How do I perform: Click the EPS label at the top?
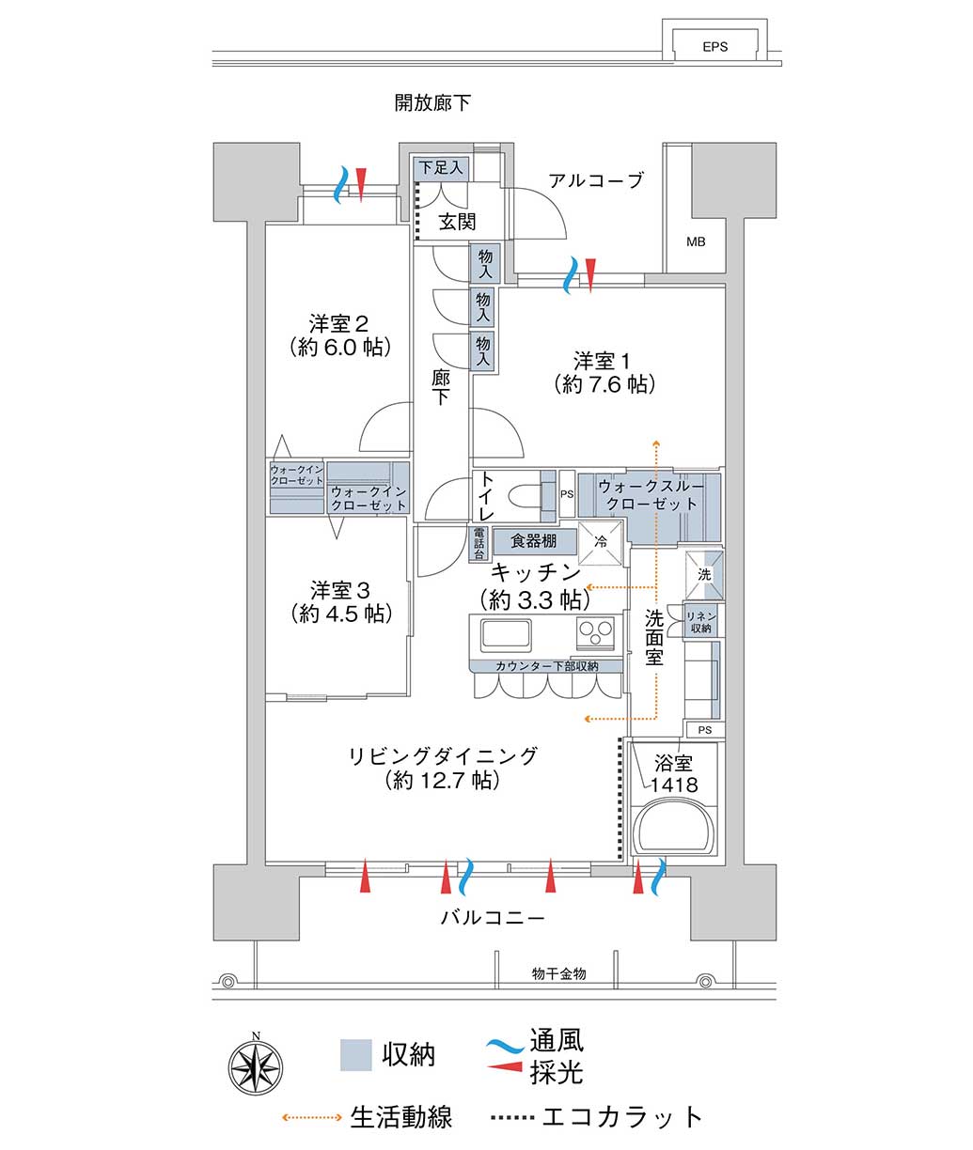coord(714,47)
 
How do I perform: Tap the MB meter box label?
coord(696,241)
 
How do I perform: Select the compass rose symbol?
coord(256,1067)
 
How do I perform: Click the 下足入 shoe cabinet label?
coord(441,167)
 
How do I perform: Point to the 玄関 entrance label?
coord(457,222)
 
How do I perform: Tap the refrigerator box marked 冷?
coord(601,542)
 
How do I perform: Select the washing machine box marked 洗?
coord(704,575)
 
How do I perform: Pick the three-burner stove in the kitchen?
coord(595,632)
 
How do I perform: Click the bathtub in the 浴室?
coord(674,829)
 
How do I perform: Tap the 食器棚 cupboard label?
coord(533,540)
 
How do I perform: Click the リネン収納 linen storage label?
coord(700,622)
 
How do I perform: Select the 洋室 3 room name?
coord(339,590)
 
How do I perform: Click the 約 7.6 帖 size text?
coord(604,384)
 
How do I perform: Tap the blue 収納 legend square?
coord(355,1055)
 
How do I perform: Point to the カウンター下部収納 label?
coord(546,666)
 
